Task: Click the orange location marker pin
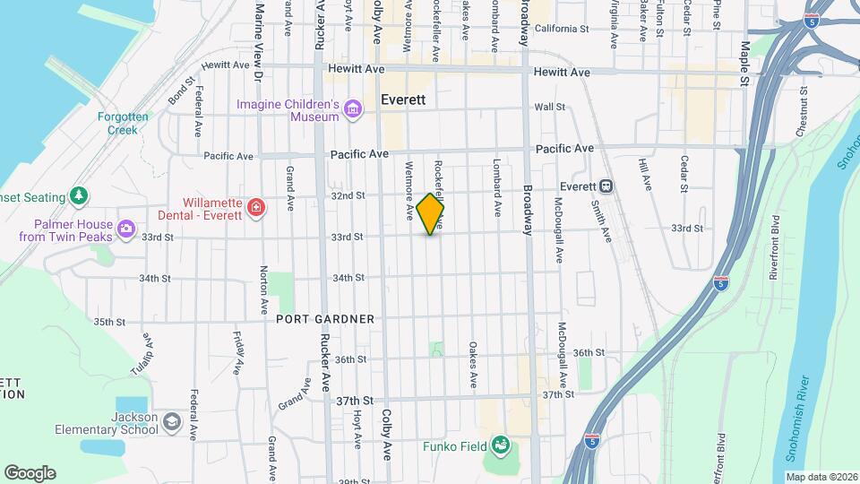coord(431,213)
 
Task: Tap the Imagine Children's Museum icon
coord(353,110)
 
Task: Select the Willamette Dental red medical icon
coord(257,209)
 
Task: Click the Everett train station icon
coord(606,186)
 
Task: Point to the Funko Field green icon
coord(501,445)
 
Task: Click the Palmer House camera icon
coord(125,230)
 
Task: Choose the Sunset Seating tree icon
coord(80,196)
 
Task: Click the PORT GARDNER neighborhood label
coord(325,319)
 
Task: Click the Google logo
coord(30,472)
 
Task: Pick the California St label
coord(562,29)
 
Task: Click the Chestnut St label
coord(800,114)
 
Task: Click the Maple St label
coord(744,63)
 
